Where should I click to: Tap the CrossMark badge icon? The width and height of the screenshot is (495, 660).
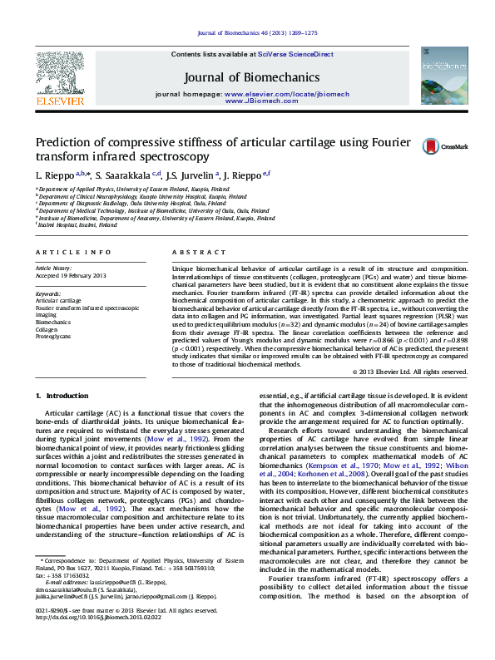pos(429,146)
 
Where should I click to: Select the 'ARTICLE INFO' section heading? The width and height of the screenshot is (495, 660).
pos(73,251)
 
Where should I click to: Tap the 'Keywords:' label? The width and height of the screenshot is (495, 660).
pos(48,293)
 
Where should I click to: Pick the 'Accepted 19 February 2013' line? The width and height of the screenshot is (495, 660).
pos(71,275)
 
